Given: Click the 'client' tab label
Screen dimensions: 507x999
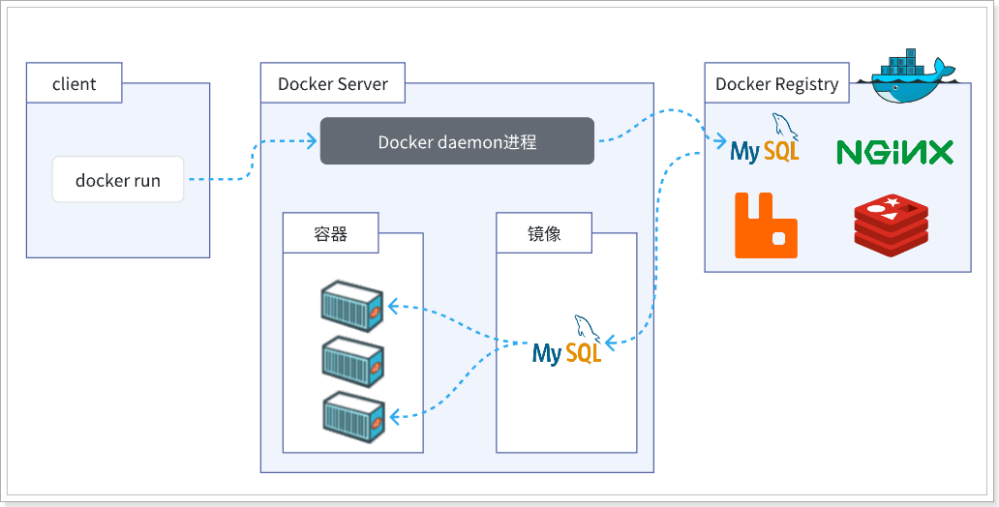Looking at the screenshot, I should (x=75, y=84).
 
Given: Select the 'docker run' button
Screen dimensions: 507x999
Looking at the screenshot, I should (x=118, y=180).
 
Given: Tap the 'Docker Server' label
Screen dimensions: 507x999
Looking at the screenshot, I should (x=333, y=84).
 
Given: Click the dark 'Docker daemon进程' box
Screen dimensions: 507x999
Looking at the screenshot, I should (x=457, y=141).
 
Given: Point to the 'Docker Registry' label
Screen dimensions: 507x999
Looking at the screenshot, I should (x=776, y=84).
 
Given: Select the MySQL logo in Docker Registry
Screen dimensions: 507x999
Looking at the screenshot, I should (x=765, y=141).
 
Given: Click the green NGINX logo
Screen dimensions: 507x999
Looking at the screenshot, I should (x=894, y=152).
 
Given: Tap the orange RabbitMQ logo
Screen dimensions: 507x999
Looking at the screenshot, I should (x=766, y=225).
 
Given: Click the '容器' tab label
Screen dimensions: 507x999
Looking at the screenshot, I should (x=331, y=234).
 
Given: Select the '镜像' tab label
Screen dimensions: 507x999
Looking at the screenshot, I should (x=544, y=234).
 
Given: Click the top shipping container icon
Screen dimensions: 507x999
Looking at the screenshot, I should (x=352, y=304).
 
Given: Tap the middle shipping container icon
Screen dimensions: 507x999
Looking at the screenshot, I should (x=352, y=359).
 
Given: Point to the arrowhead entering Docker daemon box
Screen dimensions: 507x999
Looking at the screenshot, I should (x=312, y=142).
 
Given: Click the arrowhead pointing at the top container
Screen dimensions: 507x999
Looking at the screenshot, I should (x=392, y=307).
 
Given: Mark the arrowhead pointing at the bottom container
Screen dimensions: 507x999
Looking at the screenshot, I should (x=392, y=417).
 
